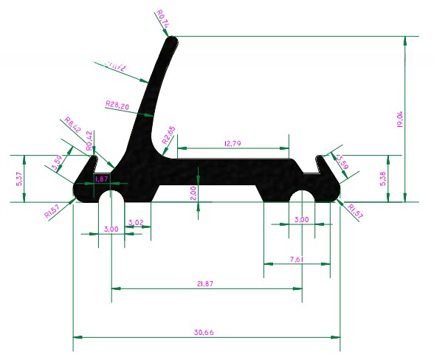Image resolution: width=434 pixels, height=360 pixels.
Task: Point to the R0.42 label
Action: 90,140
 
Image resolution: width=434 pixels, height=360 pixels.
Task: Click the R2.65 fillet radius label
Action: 169,136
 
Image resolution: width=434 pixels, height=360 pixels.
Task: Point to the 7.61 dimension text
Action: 297,260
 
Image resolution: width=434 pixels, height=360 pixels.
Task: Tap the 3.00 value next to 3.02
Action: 111,229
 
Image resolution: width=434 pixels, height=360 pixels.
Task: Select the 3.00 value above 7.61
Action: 302,220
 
